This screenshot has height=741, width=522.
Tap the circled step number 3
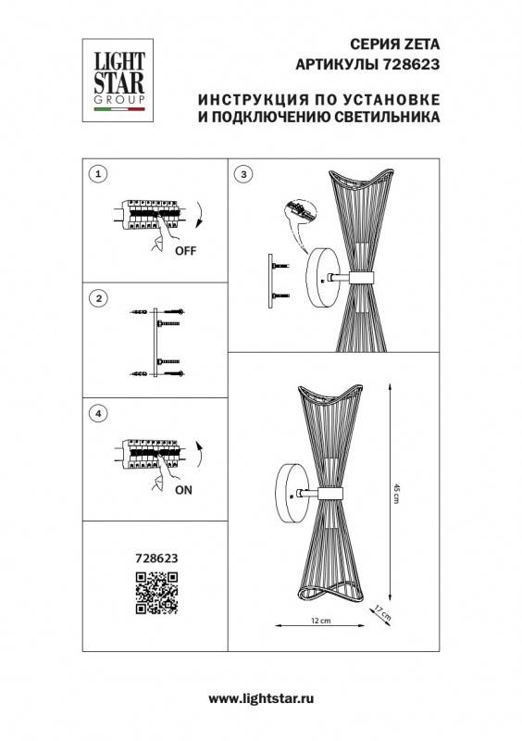[x=243, y=174]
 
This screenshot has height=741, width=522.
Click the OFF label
[x=185, y=250]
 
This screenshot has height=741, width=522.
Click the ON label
[x=183, y=492]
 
